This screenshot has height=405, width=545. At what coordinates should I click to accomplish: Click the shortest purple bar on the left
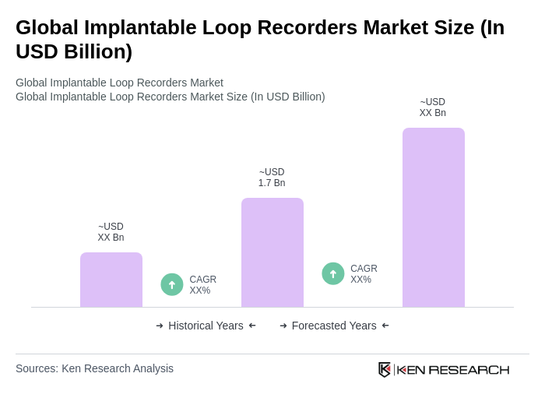(111, 280)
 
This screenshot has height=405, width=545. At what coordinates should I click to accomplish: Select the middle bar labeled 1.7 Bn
(272, 252)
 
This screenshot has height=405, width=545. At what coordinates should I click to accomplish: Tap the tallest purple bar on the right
(434, 217)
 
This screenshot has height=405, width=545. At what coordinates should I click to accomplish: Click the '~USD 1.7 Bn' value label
(272, 178)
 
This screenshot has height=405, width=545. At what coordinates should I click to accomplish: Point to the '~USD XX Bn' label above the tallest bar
(433, 107)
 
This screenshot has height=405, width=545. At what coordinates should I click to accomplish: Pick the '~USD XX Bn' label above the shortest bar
(111, 232)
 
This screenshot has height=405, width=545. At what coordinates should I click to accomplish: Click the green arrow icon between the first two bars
(172, 284)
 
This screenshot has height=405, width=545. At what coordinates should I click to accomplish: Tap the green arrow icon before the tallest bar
(333, 273)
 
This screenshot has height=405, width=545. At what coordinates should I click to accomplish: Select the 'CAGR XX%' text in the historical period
(202, 285)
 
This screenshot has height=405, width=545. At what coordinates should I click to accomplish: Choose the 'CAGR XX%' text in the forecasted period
(364, 274)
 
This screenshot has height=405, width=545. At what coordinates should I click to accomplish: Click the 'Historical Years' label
(206, 326)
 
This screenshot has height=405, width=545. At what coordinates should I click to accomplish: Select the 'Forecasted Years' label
(334, 326)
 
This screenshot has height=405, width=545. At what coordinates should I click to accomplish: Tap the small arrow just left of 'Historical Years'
(160, 326)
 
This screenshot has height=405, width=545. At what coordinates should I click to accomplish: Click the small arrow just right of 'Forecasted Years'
(385, 326)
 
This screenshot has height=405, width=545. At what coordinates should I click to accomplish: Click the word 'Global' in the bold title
(49, 27)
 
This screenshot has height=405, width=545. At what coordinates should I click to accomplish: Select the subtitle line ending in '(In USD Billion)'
(171, 97)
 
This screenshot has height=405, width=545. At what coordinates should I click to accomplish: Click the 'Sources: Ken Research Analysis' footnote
(94, 368)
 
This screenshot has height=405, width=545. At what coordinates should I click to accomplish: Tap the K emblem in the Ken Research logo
(385, 369)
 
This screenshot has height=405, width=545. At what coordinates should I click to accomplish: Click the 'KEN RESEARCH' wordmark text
(453, 369)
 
